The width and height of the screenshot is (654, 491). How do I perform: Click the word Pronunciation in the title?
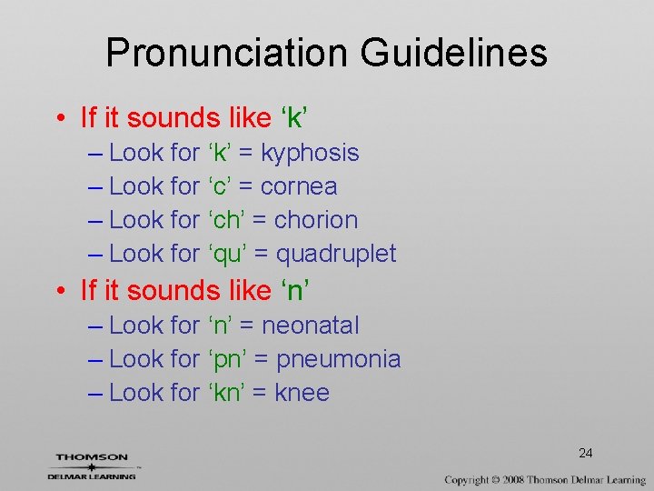227,53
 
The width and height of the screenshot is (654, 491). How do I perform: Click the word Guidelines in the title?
453,53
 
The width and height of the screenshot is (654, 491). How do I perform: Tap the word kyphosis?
310,153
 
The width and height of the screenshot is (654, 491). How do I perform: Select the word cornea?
299,186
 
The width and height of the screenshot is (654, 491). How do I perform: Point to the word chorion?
316,220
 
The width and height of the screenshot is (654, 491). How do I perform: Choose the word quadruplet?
336,254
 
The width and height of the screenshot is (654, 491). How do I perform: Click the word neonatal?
311,326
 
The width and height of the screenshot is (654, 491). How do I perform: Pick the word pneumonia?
339,359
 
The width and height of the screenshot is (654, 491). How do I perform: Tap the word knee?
302,393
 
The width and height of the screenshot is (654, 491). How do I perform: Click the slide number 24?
586,453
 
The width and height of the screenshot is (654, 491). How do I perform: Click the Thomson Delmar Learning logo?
92,466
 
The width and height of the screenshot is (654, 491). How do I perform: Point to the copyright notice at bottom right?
545,479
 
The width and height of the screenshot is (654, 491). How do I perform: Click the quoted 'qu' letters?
227,254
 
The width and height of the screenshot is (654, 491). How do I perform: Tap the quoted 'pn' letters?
227,359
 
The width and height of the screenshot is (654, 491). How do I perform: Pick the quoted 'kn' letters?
226,393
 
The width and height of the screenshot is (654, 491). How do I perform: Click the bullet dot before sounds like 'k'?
59,119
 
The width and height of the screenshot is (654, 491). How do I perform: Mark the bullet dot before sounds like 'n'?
59,292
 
